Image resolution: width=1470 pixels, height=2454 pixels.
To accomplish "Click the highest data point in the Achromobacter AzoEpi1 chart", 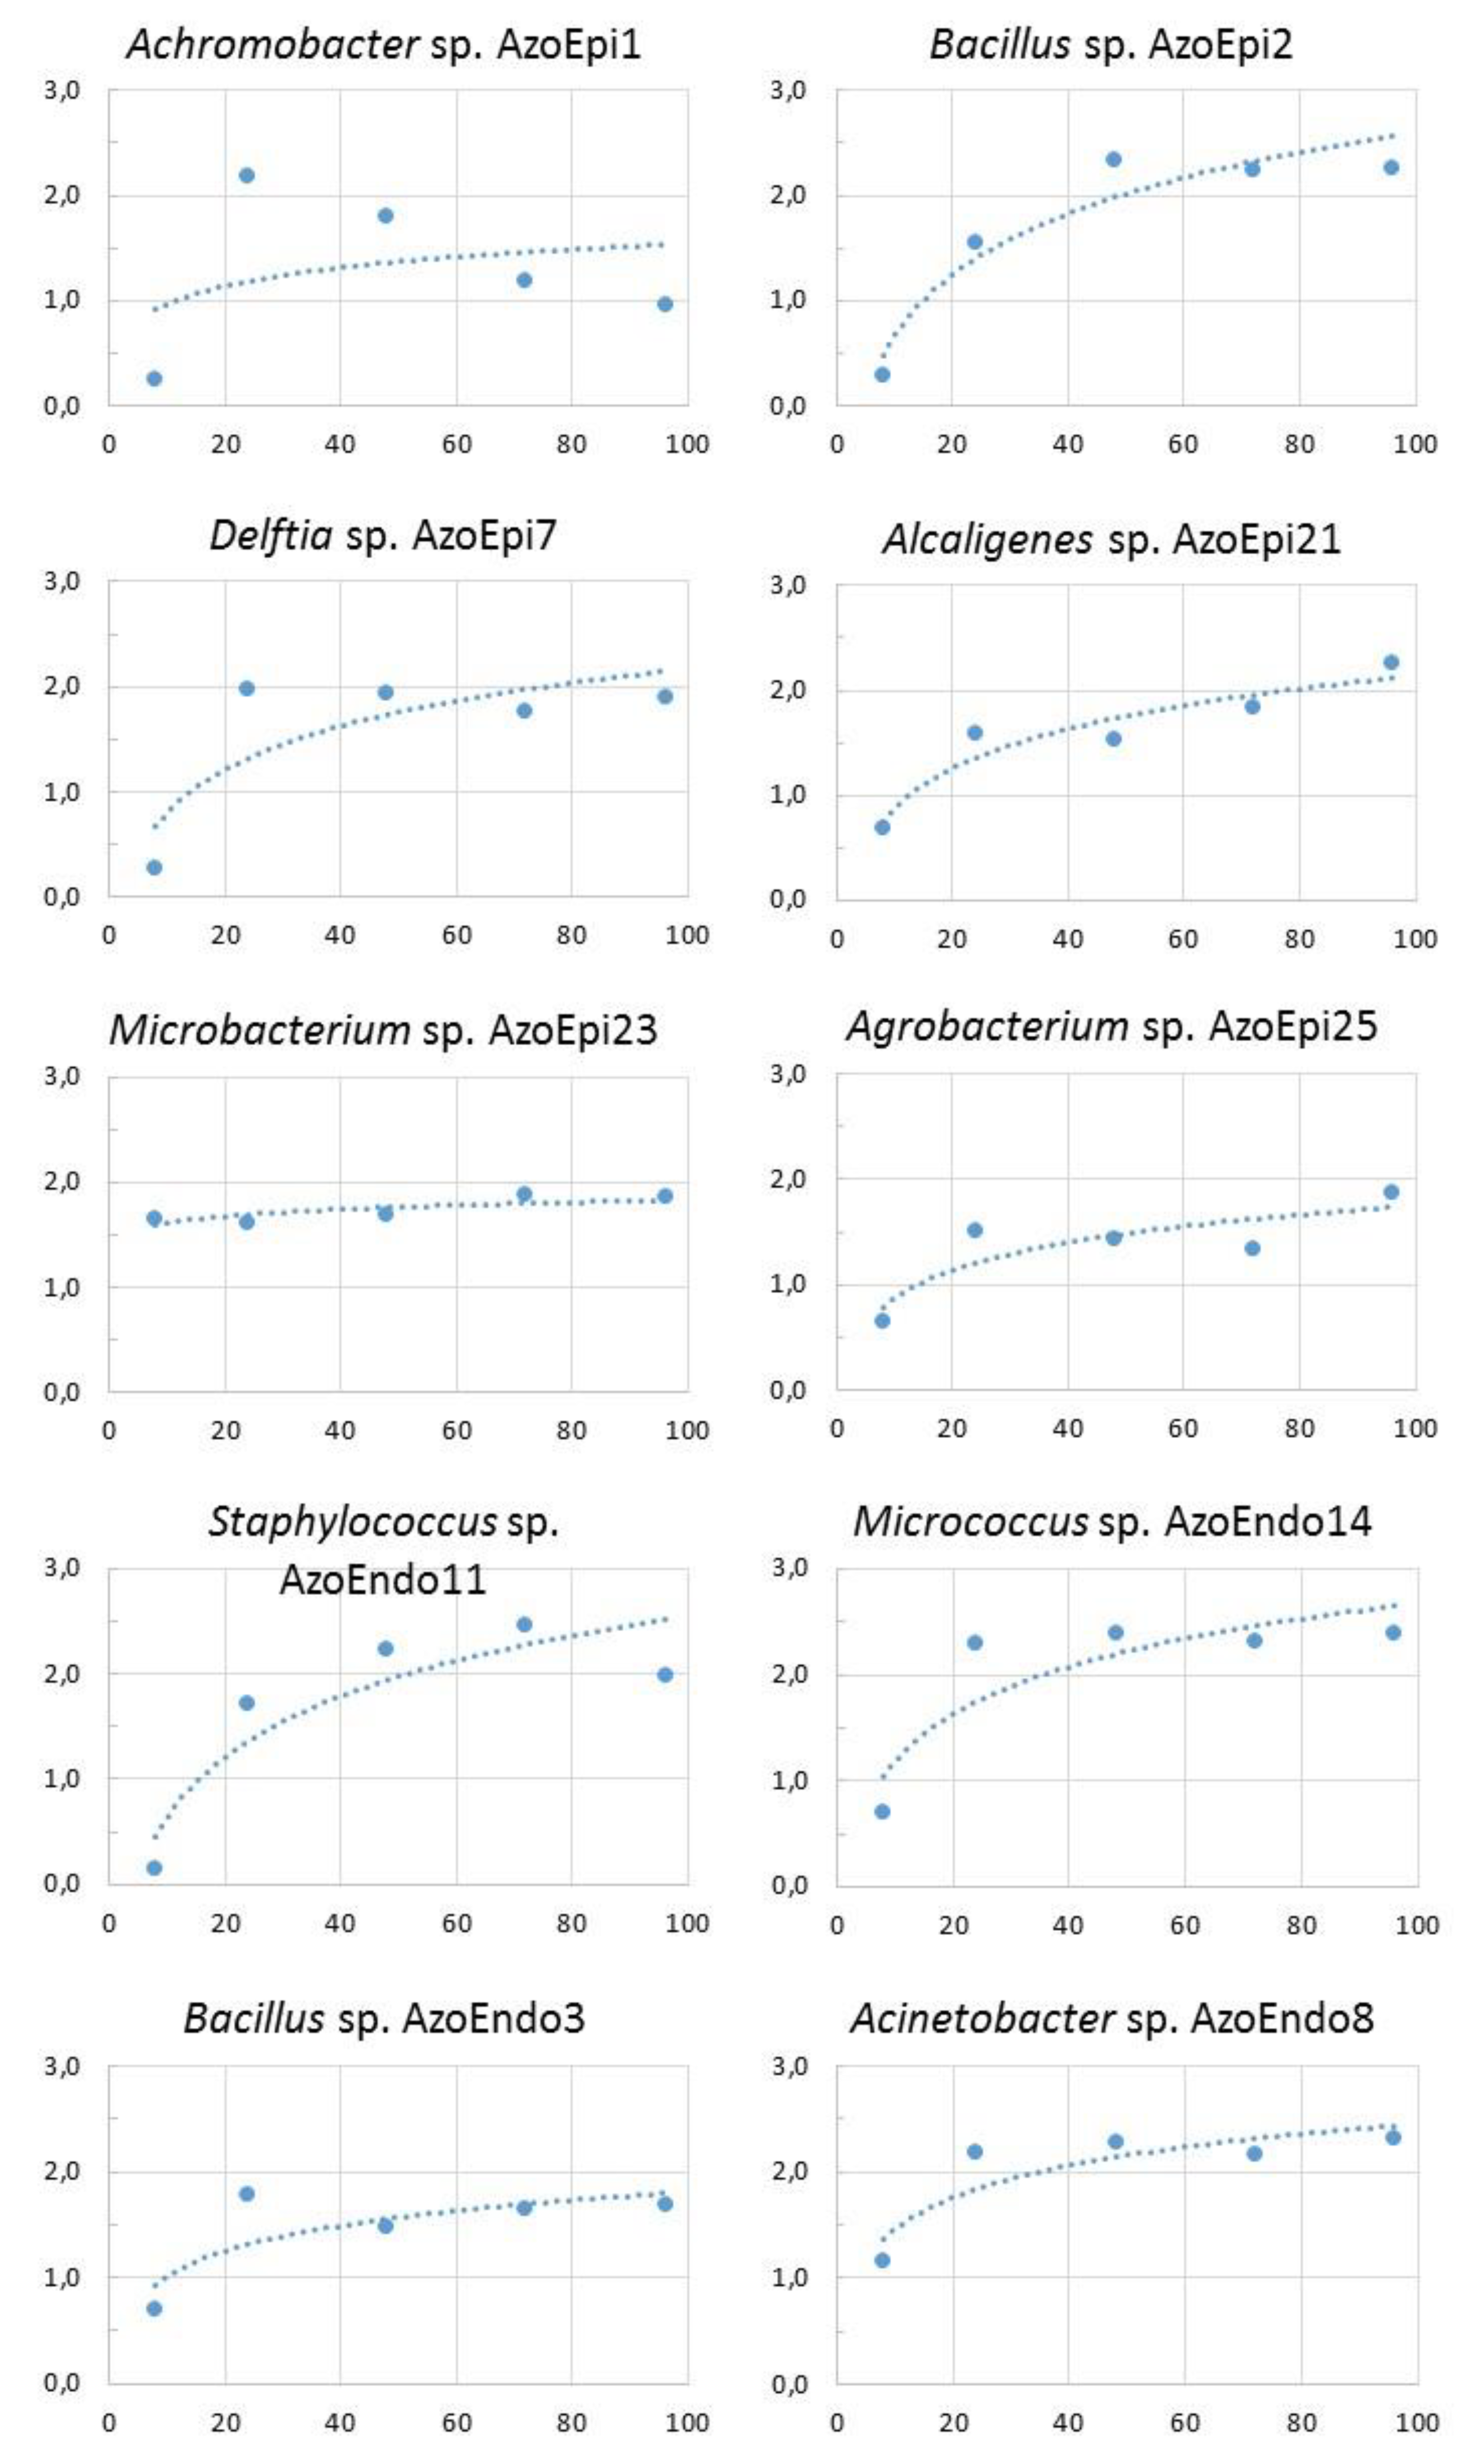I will point(247,175).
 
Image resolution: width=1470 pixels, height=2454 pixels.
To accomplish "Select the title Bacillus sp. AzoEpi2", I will point(1111,45).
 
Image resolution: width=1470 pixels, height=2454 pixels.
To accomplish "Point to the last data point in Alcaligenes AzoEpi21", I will point(1391,662).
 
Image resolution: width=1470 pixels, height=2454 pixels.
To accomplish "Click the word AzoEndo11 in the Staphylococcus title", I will point(382,1579).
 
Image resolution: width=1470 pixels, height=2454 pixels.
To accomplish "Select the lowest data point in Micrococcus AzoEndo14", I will point(882,1812).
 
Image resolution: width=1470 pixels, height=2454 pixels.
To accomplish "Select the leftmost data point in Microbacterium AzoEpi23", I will point(154,1219).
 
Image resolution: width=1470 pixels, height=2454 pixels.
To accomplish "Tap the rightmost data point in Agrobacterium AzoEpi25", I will point(1391,1192).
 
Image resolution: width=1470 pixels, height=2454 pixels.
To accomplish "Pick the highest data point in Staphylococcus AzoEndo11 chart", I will point(524,1625).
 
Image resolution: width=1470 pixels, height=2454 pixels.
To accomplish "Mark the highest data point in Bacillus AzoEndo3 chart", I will point(247,2193).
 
